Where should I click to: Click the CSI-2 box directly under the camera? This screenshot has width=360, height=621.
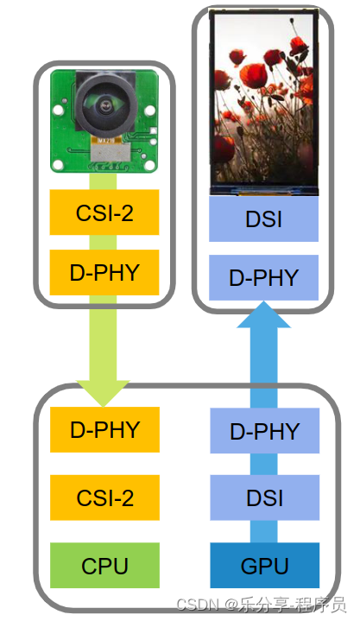coord(104,212)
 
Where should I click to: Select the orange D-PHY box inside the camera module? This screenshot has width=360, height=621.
coord(104,273)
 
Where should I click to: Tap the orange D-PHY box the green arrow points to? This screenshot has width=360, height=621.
coord(104,429)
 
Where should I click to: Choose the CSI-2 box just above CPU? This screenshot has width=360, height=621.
coord(104,497)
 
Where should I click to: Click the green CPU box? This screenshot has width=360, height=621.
coord(104,566)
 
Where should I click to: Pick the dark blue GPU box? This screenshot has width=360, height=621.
coord(265,566)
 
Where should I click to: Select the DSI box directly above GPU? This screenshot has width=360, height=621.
coord(265,497)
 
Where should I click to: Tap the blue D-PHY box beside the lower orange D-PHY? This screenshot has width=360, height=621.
coord(265,430)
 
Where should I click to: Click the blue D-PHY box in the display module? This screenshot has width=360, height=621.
coord(264,277)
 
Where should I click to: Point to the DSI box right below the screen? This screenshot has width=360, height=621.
coord(264,219)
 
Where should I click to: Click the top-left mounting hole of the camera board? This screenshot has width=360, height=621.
coord(60,81)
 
